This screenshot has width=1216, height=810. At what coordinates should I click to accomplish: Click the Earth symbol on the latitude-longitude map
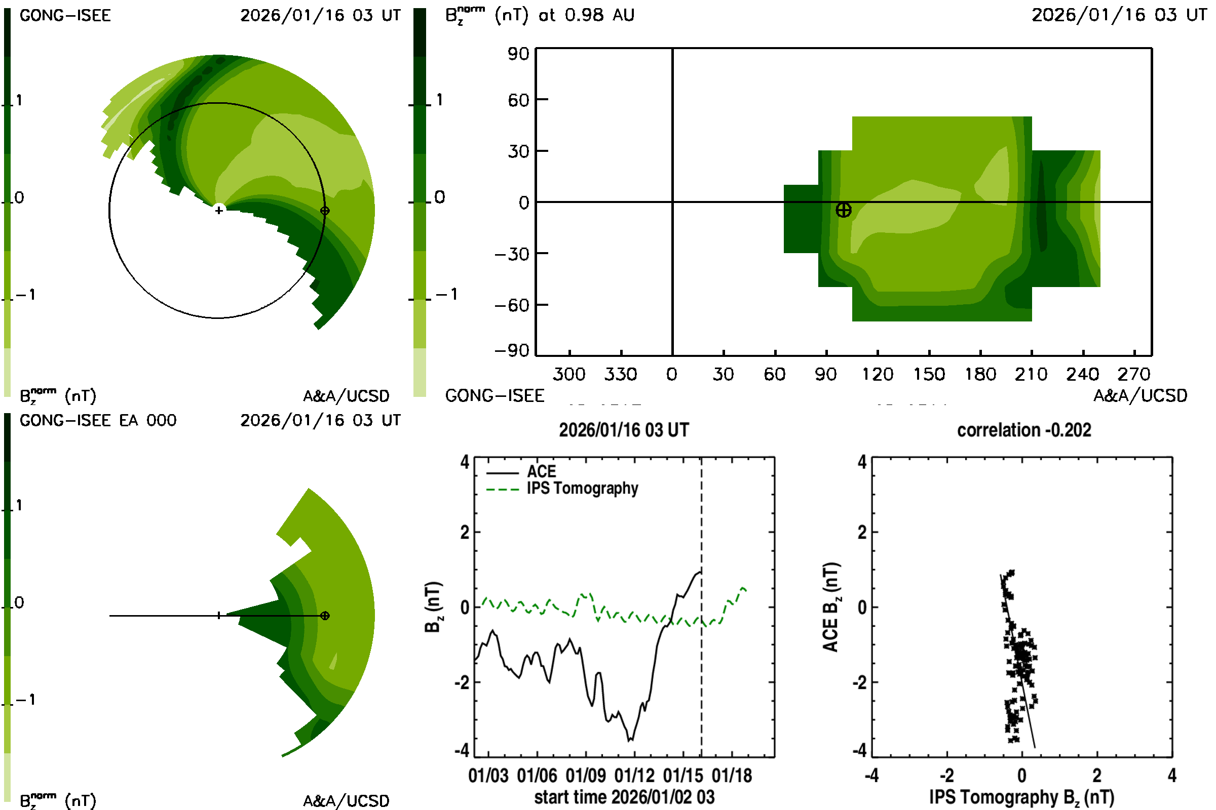point(843,210)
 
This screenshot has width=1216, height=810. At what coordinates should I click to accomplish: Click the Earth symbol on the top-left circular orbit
point(325,211)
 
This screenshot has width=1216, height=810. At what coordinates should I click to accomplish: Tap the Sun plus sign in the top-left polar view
point(219,210)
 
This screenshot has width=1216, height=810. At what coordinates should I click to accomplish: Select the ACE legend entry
point(541,472)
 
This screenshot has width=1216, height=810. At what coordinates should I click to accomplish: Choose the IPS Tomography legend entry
point(582,489)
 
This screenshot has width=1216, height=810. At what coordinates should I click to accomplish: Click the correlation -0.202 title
point(1023,430)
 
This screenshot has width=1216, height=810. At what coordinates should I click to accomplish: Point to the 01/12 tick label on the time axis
point(634,776)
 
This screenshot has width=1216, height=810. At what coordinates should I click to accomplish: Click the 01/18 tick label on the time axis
point(732,776)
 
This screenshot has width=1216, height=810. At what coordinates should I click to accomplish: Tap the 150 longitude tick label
point(929,374)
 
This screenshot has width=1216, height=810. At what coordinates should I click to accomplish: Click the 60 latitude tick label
point(518,100)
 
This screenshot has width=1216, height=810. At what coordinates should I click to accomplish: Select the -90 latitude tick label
point(512,351)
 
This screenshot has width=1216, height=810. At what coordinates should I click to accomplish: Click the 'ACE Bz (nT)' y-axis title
point(831,607)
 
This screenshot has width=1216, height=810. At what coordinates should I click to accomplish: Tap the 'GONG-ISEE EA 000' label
point(98,421)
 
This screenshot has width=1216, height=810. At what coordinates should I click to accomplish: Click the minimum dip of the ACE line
point(630,741)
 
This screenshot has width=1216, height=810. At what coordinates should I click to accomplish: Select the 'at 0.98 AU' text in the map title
point(586,15)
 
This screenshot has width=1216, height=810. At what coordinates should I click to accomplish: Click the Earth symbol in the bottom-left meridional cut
point(325,616)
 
